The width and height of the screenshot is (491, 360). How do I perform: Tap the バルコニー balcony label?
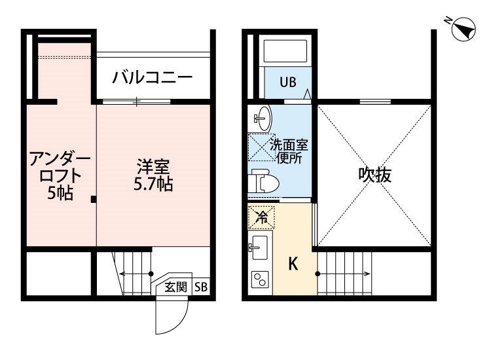152,77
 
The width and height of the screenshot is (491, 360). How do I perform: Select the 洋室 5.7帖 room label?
155,175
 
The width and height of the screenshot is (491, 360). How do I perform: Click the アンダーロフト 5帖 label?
60,175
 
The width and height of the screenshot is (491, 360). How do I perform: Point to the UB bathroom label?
288,82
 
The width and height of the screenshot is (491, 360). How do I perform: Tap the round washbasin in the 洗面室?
263,118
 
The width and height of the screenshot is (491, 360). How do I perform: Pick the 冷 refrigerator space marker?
262,215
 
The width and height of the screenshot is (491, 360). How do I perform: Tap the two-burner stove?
260,280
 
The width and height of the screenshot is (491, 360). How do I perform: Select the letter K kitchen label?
294,264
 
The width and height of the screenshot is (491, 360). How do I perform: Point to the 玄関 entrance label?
175,287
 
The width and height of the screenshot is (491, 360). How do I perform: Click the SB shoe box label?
201,287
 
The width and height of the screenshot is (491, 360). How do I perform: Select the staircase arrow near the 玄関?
135,274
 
